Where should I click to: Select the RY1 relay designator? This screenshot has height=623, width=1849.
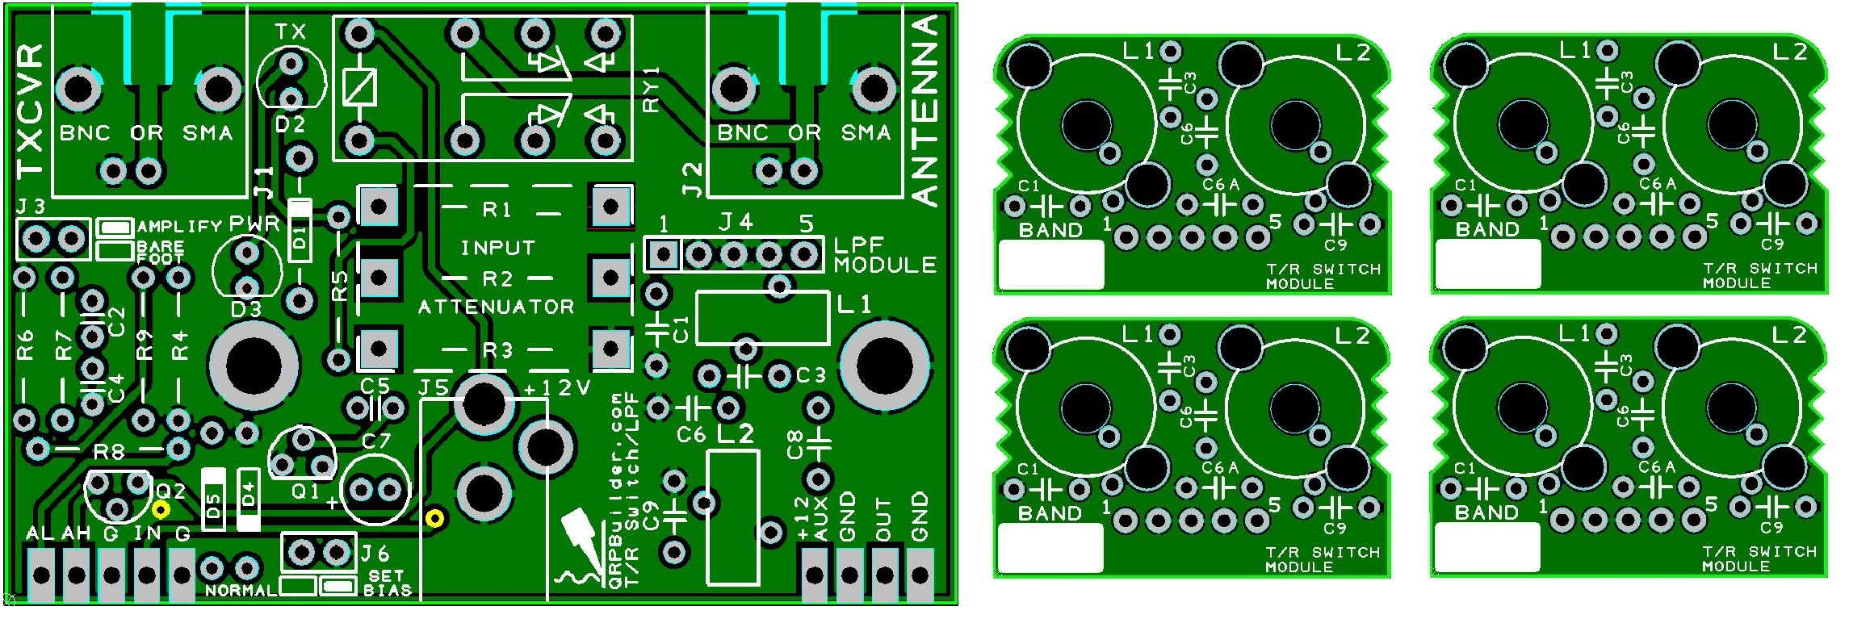coord(652,90)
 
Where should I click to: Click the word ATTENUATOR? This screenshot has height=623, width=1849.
coord(496,307)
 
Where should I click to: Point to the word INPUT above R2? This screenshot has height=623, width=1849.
coord(497,248)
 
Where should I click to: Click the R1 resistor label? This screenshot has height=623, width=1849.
coord(497,210)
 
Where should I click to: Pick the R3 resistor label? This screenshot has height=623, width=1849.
coord(497,350)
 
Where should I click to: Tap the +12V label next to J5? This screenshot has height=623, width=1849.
coord(557,388)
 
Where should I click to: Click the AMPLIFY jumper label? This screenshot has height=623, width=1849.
coord(179,227)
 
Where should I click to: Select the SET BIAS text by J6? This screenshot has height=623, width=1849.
coord(387,583)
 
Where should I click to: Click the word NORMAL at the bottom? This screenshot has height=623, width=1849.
coord(241,591)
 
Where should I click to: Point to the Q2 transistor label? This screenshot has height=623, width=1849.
coord(170,491)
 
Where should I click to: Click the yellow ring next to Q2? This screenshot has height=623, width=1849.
coord(161,509)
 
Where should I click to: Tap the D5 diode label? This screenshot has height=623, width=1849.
coord(213,507)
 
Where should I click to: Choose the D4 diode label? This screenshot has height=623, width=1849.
coord(249,494)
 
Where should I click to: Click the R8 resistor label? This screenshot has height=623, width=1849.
coord(109,452)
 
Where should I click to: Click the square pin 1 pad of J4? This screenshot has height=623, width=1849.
coord(663,255)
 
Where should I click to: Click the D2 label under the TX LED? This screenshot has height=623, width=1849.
coord(290,125)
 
